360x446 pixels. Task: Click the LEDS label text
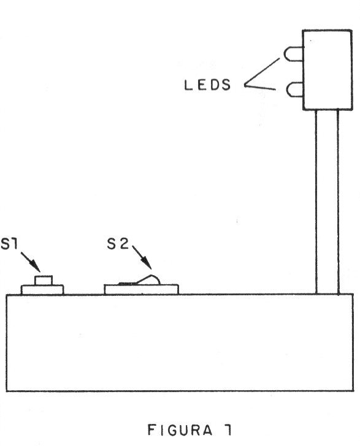(x=207, y=85)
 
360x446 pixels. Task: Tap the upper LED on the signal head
(x=293, y=54)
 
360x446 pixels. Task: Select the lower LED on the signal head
(x=295, y=89)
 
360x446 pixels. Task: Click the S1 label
(x=9, y=244)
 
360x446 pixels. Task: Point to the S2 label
(x=118, y=243)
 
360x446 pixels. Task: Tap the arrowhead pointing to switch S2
(x=147, y=263)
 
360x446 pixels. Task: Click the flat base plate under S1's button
(x=42, y=290)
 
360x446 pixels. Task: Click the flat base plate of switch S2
(x=141, y=290)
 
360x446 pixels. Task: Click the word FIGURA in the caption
(x=180, y=430)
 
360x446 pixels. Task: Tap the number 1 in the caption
(x=228, y=430)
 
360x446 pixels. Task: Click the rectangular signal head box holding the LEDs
(x=327, y=70)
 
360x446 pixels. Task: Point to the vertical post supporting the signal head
(x=327, y=202)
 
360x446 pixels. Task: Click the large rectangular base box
(x=180, y=342)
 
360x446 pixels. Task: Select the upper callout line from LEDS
(x=262, y=72)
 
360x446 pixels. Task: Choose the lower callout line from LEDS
(x=260, y=87)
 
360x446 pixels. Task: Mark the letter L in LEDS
(x=188, y=85)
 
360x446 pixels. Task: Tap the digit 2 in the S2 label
(x=124, y=243)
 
